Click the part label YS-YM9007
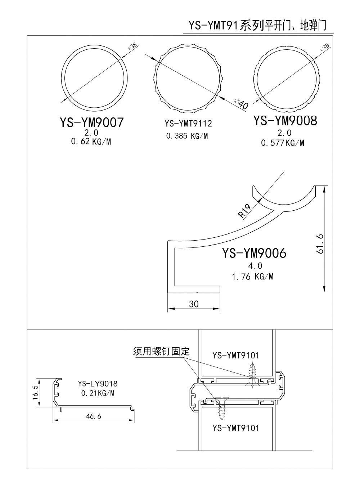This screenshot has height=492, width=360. [92, 122]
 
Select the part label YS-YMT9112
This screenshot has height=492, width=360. [188, 124]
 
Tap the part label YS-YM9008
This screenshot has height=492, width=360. [285, 121]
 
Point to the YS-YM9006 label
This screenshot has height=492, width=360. [254, 253]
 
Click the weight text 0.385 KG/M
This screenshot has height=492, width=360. [187, 136]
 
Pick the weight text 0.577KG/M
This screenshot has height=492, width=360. [283, 143]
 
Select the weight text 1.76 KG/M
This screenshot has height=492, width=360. [252, 277]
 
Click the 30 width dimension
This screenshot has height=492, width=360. [194, 304]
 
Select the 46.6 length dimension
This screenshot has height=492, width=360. [94, 416]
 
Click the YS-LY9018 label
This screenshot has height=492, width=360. [98, 384]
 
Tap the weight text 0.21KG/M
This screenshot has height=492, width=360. [98, 393]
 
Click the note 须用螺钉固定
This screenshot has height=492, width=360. [161, 351]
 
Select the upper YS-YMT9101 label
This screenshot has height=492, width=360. [236, 355]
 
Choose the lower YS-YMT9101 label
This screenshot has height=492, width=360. [236, 428]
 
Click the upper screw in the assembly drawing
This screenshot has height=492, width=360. [252, 375]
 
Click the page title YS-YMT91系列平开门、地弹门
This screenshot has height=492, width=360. [257, 26]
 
